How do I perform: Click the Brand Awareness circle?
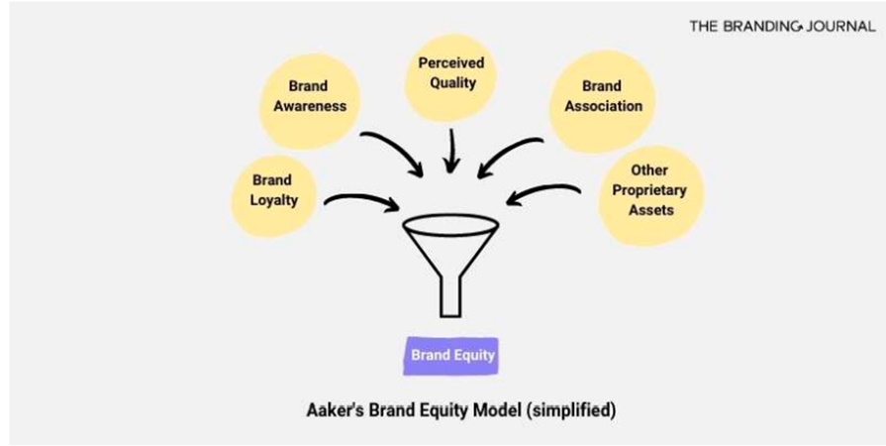click(310, 102)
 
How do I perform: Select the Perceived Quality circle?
click(450, 78)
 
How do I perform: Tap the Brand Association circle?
click(602, 102)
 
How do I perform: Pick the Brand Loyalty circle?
click(273, 196)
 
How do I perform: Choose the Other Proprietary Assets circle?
click(651, 196)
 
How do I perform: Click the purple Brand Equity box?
click(451, 356)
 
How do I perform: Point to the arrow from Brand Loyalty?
click(361, 199)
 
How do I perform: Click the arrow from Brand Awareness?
click(396, 149)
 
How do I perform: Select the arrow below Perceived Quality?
click(451, 150)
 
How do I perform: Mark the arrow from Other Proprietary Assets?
click(542, 191)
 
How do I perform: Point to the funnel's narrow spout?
click(450, 296)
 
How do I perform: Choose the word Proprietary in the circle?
click(649, 190)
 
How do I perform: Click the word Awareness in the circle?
click(310, 106)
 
